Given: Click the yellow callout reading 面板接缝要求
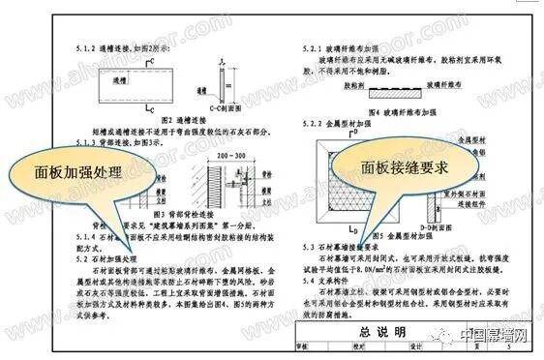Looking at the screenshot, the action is pyautogui.click(x=391, y=167).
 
